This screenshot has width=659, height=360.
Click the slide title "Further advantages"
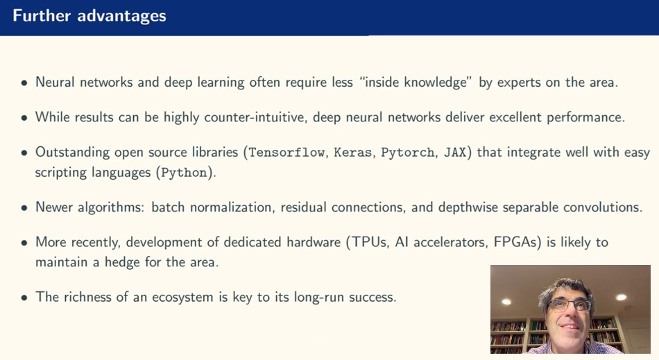(x=89, y=15)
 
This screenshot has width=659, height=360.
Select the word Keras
(x=354, y=153)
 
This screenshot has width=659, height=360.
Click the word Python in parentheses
(x=184, y=173)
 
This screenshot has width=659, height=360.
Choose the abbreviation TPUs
(x=374, y=242)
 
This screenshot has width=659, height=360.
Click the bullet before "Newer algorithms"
(x=24, y=207)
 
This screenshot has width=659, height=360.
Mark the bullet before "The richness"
(x=24, y=298)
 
